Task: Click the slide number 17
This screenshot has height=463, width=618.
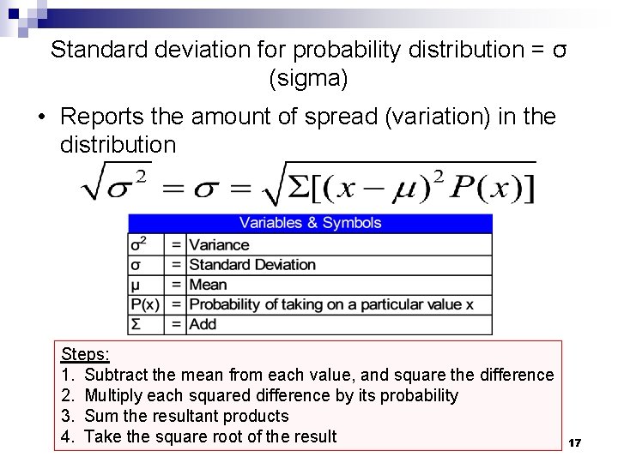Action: (575, 442)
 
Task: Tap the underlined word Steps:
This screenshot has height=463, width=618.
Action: (85, 354)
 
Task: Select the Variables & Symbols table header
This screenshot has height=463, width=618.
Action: (310, 223)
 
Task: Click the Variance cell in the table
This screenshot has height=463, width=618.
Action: (219, 244)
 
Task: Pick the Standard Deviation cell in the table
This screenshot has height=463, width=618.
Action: (252, 264)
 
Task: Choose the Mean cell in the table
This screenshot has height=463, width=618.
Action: (208, 285)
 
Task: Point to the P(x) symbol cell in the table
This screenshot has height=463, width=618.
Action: (145, 304)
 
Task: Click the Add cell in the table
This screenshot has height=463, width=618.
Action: (203, 324)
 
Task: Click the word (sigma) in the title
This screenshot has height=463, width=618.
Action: (308, 80)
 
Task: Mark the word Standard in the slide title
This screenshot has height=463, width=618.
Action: (99, 50)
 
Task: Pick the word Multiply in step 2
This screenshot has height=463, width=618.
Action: (117, 395)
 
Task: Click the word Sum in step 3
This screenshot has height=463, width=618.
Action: (100, 416)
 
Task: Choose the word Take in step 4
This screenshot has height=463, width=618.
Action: (103, 436)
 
